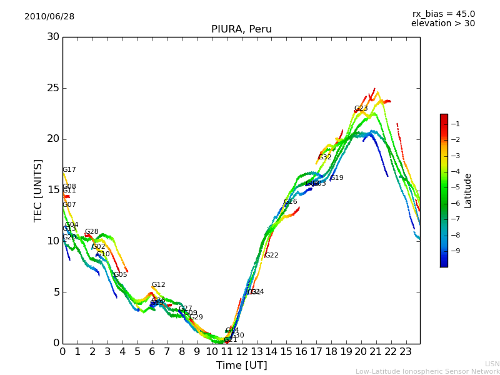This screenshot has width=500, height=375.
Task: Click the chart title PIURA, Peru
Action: coord(241,29)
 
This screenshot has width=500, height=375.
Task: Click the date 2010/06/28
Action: coord(49,17)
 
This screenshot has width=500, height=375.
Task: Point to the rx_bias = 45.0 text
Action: coord(443,14)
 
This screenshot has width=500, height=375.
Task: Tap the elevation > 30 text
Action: coord(442,24)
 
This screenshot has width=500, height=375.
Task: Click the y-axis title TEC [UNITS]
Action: coord(38,190)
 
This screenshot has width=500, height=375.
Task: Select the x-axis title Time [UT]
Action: coord(241,366)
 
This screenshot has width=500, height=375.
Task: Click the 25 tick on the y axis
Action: coord(53,88)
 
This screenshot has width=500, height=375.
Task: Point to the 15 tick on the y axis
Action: coord(53,190)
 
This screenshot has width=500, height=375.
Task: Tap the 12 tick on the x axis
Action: coord(241,352)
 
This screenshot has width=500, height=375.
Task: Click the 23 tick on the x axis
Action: coord(405,352)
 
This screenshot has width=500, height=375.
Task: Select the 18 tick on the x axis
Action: coord(331,352)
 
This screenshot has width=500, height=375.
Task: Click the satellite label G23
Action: coord(361,109)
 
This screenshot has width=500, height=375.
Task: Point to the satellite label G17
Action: coord(69,170)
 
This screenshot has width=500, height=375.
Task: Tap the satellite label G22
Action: coord(271,256)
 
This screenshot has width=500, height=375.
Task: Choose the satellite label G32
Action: coord(324,157)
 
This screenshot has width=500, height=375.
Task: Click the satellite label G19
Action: coord(336,178)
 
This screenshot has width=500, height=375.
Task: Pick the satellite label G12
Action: coord(158,285)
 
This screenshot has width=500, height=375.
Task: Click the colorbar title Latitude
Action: coord(467,191)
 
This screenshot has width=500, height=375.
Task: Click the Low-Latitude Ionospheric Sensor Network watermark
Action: coord(427,372)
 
